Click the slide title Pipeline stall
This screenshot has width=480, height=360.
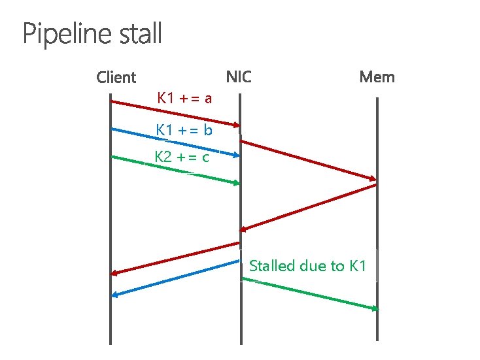[92, 34]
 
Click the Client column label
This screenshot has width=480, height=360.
[116, 78]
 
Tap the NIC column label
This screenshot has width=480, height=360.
[239, 77]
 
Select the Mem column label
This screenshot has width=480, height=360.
[377, 77]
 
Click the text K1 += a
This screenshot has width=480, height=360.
[184, 99]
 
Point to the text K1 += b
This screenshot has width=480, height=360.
[184, 130]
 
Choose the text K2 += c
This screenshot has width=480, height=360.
[182, 157]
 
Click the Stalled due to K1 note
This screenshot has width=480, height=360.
[307, 266]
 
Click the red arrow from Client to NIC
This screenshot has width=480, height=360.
[175, 113]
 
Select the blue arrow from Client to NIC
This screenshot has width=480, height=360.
[175, 142]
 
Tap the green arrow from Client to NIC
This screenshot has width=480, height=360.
[175, 170]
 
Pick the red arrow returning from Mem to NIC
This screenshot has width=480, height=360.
[307, 207]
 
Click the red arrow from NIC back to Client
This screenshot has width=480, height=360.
[175, 258]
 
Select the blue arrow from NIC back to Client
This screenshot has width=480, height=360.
[175, 278]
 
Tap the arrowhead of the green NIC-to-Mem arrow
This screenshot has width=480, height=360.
[375, 308]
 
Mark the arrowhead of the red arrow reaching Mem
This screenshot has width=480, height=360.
[373, 179]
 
